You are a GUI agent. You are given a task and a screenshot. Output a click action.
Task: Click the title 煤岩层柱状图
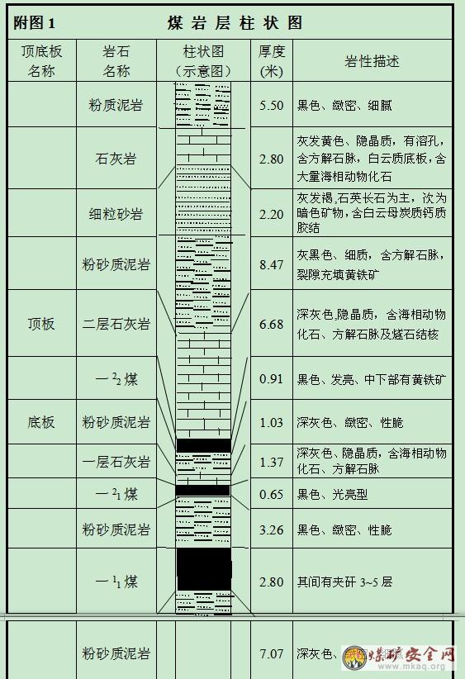point(235,23)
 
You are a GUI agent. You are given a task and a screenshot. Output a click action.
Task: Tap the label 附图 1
point(34,23)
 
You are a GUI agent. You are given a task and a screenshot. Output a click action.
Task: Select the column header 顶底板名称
point(41,61)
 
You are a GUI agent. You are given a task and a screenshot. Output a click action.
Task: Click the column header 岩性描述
point(372,61)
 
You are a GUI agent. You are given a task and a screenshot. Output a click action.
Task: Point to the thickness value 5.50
point(272,105)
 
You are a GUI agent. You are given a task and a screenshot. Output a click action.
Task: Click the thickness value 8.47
point(272,264)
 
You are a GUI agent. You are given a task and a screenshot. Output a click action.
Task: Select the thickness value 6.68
point(272,324)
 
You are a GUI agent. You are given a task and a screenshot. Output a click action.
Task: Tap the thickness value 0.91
point(272,379)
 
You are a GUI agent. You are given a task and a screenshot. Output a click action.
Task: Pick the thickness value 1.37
point(272,462)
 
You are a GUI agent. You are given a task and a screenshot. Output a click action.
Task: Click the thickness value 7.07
point(272,653)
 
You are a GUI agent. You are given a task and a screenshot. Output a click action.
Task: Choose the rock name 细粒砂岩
point(116,214)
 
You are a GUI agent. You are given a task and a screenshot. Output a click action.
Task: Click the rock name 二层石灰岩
point(116,324)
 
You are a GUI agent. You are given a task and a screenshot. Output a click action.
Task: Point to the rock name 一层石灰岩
point(116,462)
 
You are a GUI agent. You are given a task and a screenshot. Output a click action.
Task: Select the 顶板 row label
point(41,324)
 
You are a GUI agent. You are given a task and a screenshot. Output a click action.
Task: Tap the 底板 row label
point(41,422)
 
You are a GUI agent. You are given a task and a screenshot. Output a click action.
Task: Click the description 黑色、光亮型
point(332,494)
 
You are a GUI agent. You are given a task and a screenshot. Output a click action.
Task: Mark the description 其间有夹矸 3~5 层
point(344,582)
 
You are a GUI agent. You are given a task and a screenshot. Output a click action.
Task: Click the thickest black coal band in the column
point(204,569)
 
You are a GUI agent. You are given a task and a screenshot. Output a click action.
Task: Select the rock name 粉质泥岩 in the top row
point(116,105)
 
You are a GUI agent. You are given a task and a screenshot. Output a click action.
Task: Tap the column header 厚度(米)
point(272,61)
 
